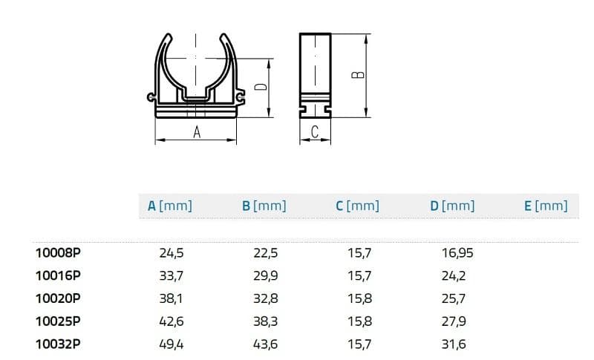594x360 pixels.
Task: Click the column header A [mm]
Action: pyautogui.click(x=170, y=206)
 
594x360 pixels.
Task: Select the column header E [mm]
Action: pyautogui.click(x=546, y=206)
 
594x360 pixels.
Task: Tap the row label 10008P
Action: pyautogui.click(x=58, y=252)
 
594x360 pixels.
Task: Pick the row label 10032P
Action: pyautogui.click(x=58, y=344)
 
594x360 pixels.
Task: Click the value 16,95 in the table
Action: pyautogui.click(x=457, y=253)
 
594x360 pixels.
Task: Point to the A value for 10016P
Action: pyautogui.click(x=172, y=276)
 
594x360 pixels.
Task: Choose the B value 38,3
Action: pyautogui.click(x=266, y=321)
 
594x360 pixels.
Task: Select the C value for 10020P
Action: pyautogui.click(x=360, y=298)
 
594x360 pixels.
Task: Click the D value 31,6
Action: pyautogui.click(x=454, y=344)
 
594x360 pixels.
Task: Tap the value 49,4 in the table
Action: pyautogui.click(x=172, y=344)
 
